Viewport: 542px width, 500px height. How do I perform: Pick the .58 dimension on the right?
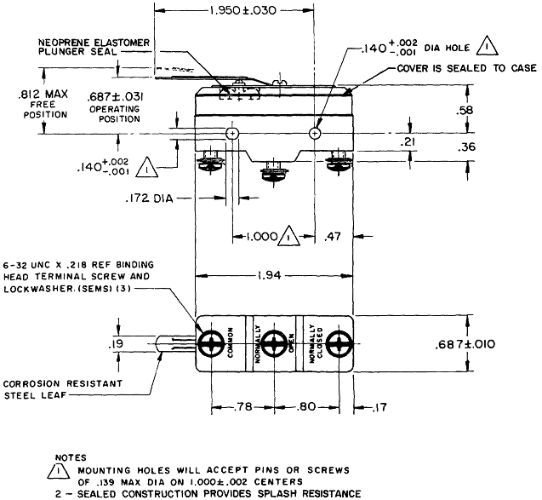coord(488,110)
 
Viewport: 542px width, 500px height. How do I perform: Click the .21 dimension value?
coord(410,141)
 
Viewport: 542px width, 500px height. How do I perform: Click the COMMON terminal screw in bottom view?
coord(210,345)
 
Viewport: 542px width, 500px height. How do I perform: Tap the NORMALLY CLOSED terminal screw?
coord(339,345)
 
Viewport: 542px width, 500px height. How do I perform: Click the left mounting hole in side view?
coord(232,134)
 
